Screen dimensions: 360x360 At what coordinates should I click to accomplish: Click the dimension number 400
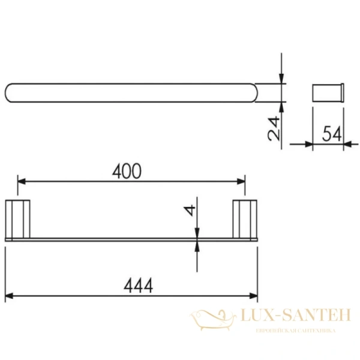(127, 171)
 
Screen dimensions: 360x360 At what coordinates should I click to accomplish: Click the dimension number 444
(138, 286)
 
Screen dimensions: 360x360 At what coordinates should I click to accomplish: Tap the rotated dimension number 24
(274, 128)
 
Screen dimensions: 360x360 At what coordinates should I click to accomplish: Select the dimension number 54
(332, 134)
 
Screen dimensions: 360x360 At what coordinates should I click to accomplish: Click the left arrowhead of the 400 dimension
(22, 181)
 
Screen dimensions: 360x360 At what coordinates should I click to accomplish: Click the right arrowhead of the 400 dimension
(241, 181)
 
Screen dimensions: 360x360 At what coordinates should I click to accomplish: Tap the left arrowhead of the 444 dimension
(9, 296)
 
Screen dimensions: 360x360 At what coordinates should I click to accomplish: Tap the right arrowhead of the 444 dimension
(254, 296)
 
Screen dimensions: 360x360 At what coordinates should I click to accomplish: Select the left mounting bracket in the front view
(17, 219)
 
